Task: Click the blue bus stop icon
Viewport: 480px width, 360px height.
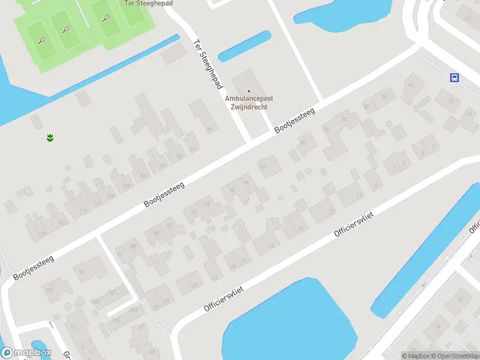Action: pos(454,77)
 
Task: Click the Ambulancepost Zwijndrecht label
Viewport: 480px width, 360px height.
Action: pos(246,103)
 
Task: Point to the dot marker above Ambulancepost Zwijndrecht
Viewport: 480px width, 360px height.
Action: pos(249,91)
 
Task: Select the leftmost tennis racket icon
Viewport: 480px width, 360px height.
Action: pos(42,40)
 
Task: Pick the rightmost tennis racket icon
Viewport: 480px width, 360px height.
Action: pos(106,18)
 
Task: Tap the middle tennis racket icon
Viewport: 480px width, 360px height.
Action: pos(64,29)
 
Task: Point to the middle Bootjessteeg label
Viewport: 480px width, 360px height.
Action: pos(164,194)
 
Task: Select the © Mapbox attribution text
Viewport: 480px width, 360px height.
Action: pos(416,356)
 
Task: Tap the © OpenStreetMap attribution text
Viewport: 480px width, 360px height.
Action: pos(454,356)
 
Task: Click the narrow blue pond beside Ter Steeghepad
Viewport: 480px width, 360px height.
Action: pos(244,46)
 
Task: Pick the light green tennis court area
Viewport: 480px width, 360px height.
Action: pos(84,30)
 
